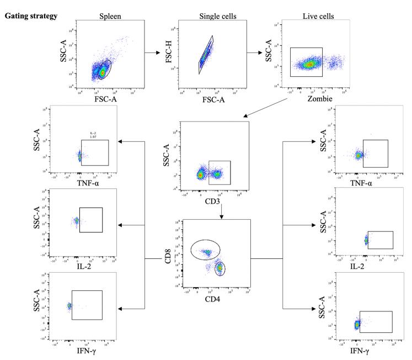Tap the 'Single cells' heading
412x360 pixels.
click(214, 15)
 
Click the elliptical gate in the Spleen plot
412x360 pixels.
click(104, 69)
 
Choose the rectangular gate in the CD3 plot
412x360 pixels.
click(220, 172)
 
